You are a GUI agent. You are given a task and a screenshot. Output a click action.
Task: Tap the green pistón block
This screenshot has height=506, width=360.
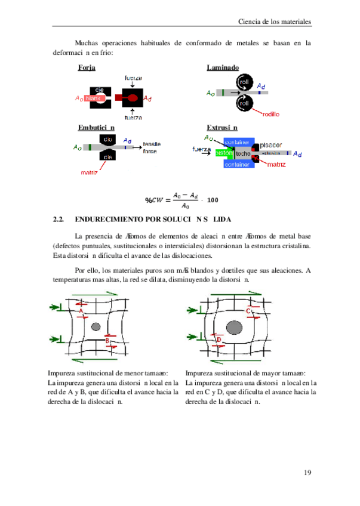click(x=224, y=153)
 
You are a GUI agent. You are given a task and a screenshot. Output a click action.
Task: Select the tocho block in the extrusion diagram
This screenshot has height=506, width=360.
click(x=242, y=154)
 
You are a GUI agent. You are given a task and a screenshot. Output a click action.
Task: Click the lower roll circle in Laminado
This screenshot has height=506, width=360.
click(x=244, y=103)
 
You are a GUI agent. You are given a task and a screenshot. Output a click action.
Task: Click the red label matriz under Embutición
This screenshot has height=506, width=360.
click(x=90, y=173)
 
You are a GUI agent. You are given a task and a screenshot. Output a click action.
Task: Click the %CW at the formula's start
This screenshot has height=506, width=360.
click(x=154, y=200)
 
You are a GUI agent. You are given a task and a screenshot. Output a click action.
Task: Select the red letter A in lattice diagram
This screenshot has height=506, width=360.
click(x=80, y=311)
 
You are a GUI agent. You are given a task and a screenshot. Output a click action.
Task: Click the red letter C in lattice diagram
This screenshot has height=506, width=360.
click(x=247, y=311)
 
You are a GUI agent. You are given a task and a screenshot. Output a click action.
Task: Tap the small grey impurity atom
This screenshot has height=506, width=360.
click(x=96, y=326)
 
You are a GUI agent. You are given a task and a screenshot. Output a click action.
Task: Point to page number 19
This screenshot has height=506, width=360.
click(x=307, y=473)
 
